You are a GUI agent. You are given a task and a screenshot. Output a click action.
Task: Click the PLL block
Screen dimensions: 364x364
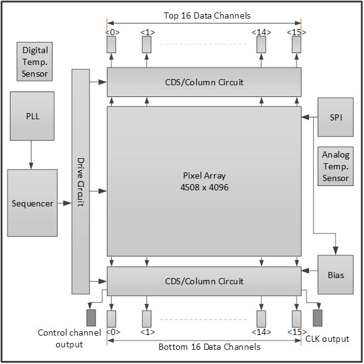(x=32, y=116)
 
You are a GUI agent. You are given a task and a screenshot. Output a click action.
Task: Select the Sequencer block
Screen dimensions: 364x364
(x=32, y=203)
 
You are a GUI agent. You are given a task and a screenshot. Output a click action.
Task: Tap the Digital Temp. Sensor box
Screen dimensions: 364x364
(x=35, y=62)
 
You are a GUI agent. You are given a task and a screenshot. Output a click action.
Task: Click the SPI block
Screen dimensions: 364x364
(x=336, y=117)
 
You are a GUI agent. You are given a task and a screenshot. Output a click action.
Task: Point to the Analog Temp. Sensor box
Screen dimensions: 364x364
(x=336, y=166)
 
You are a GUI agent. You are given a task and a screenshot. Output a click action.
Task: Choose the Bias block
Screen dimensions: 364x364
(x=336, y=274)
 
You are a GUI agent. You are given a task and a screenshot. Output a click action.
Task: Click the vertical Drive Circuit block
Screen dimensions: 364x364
(x=80, y=182)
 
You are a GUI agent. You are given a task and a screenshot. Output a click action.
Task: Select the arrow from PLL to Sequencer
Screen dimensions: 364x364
(x=31, y=155)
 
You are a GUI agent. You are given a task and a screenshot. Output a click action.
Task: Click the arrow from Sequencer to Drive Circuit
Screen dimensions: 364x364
(x=64, y=203)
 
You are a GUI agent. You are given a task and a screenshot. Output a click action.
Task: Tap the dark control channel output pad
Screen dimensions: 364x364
(x=91, y=318)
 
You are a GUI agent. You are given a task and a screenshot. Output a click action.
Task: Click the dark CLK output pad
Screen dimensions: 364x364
(x=318, y=318)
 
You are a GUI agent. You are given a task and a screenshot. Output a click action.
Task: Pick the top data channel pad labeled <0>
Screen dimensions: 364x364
(x=111, y=44)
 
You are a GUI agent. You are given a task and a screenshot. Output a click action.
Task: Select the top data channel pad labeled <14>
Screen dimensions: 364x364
(x=261, y=44)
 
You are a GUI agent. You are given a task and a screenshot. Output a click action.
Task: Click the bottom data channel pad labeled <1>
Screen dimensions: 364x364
(x=146, y=319)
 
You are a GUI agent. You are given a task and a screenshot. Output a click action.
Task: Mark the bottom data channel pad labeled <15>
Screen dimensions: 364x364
(x=297, y=319)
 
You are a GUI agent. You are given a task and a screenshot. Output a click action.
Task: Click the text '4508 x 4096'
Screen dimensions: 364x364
(x=205, y=187)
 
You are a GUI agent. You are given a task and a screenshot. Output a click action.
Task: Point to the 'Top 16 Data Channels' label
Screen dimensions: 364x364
(x=207, y=15)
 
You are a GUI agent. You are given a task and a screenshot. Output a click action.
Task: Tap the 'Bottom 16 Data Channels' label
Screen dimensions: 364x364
(x=210, y=347)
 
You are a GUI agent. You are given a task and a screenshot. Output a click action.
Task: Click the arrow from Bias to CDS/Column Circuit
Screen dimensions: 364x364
(x=310, y=271)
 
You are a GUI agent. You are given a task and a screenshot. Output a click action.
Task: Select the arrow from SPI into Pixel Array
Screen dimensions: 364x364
(x=310, y=117)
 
